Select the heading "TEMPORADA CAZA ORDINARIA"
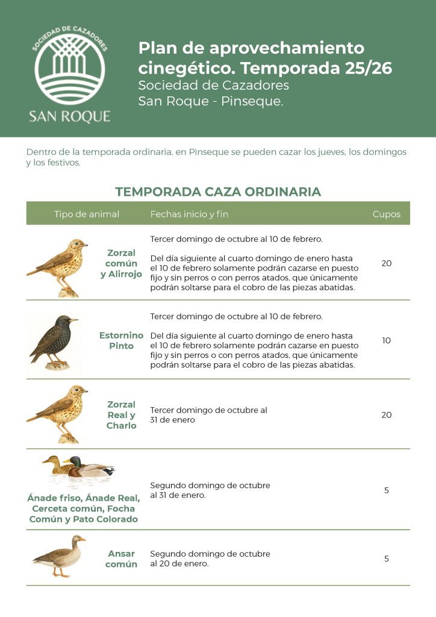coord(218,192)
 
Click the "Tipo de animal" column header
coord(87,214)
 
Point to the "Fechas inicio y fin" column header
coord(189,214)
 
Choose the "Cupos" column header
coord(386,214)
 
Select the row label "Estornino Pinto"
coord(121,340)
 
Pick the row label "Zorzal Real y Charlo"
coord(121,415)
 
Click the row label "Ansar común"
coord(121,559)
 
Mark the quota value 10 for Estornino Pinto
coord(386,340)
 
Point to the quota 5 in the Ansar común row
coord(386,559)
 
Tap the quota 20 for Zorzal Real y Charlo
coord(386,415)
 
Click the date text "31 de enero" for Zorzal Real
coord(173,420)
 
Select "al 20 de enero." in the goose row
coord(179,564)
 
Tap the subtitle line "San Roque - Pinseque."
coord(210,101)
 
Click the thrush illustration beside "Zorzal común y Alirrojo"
coord(58,267)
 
